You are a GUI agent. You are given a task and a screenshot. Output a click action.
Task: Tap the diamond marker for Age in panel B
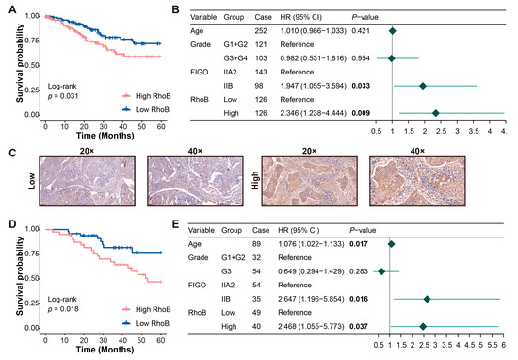pyautogui.click(x=392, y=31)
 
